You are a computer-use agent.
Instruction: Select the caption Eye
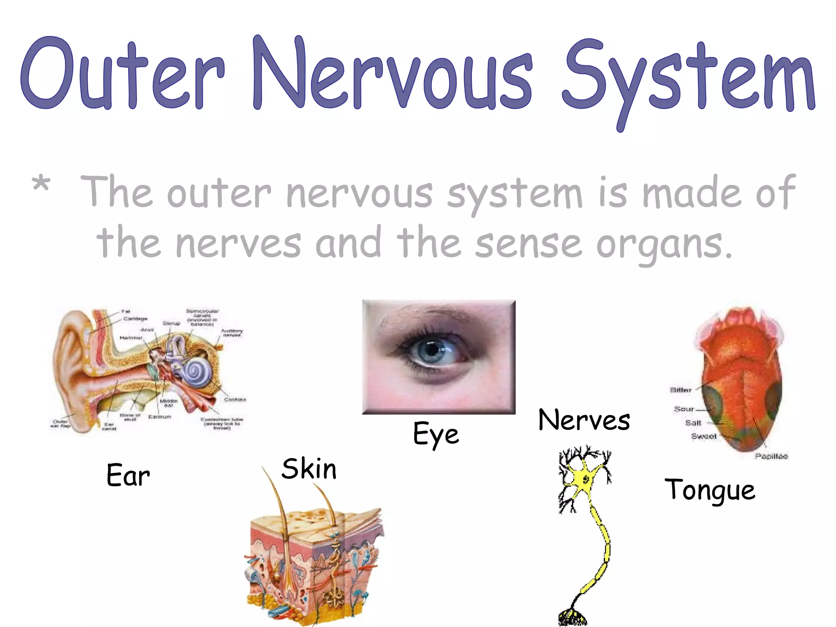click(x=436, y=434)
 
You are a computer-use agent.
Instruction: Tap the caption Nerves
click(x=584, y=420)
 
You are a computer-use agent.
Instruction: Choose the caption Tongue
click(x=710, y=490)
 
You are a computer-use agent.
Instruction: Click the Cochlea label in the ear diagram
click(x=235, y=400)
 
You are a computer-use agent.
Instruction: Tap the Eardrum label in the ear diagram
click(x=160, y=417)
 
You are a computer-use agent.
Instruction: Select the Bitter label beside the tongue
click(x=680, y=390)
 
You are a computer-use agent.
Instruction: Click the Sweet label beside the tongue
click(x=704, y=436)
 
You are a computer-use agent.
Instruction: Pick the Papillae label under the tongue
click(x=771, y=456)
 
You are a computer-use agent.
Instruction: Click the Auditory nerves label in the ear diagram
click(x=232, y=333)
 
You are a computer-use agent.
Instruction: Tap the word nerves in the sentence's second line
click(x=238, y=244)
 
